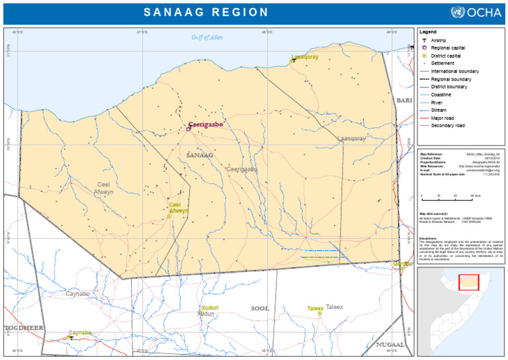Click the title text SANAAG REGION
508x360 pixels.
[x=206, y=13]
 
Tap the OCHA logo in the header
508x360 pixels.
[x=476, y=13]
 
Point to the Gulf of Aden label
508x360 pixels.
[x=207, y=37]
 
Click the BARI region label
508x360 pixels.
[x=403, y=100]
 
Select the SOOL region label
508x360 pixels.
[x=260, y=308]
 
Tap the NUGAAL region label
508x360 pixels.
[x=390, y=345]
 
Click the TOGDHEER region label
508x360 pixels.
[x=24, y=328]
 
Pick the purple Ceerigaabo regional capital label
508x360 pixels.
[x=206, y=124]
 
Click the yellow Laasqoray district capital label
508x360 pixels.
[x=305, y=57]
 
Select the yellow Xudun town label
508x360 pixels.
[x=210, y=308]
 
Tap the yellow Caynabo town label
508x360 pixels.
[x=80, y=333]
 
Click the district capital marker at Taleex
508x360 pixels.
[x=319, y=313]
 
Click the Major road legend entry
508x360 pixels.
[x=442, y=118]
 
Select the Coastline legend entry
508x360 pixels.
[x=441, y=95]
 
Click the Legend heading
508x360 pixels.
[x=428, y=32]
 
